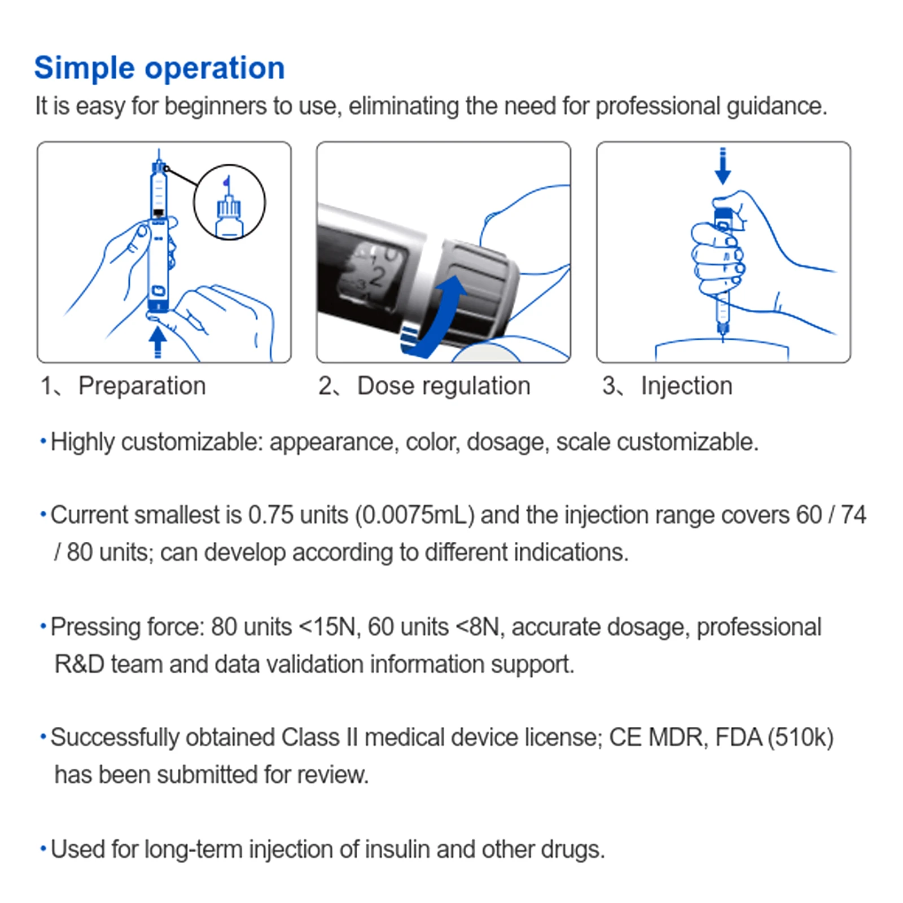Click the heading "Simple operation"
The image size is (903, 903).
pyautogui.click(x=159, y=68)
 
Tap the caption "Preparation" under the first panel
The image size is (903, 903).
pyautogui.click(x=142, y=386)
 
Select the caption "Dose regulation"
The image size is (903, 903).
pyautogui.click(x=444, y=386)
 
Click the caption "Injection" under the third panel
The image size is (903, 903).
pyautogui.click(x=686, y=386)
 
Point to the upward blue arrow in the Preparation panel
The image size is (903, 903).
pyautogui.click(x=157, y=341)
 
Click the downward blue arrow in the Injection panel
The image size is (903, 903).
pyautogui.click(x=722, y=166)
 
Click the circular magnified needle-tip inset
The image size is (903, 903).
pyautogui.click(x=229, y=202)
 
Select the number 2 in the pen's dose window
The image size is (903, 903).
pyautogui.click(x=377, y=277)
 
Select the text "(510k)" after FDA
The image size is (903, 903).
pyautogui.click(x=801, y=738)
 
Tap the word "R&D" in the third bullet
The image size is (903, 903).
pyautogui.click(x=79, y=664)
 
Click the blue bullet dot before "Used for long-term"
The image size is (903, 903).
pyautogui.click(x=43, y=849)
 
